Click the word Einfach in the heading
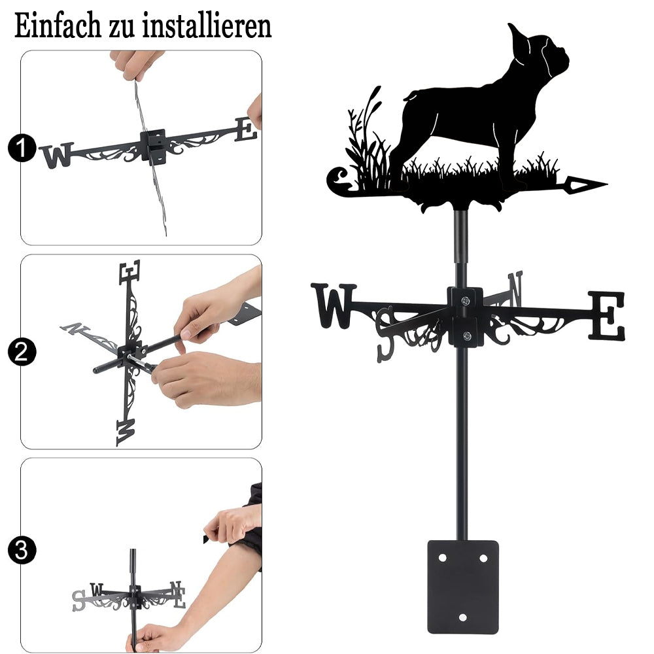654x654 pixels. (58, 26)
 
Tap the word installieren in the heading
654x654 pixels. (207, 26)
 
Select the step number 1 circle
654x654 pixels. (21, 148)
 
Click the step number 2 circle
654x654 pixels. (21, 352)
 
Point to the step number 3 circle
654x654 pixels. (21, 550)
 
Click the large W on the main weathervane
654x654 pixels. (334, 305)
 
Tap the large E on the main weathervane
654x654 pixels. (607, 315)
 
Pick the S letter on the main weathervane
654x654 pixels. (385, 334)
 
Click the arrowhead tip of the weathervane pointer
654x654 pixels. (606, 184)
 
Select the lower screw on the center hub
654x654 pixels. (467, 336)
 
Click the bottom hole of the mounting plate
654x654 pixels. (462, 617)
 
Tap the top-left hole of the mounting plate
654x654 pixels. (443, 558)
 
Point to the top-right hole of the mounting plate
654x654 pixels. (483, 558)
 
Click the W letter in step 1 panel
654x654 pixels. (57, 155)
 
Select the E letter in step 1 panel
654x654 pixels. (246, 129)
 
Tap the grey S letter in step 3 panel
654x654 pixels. (78, 601)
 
